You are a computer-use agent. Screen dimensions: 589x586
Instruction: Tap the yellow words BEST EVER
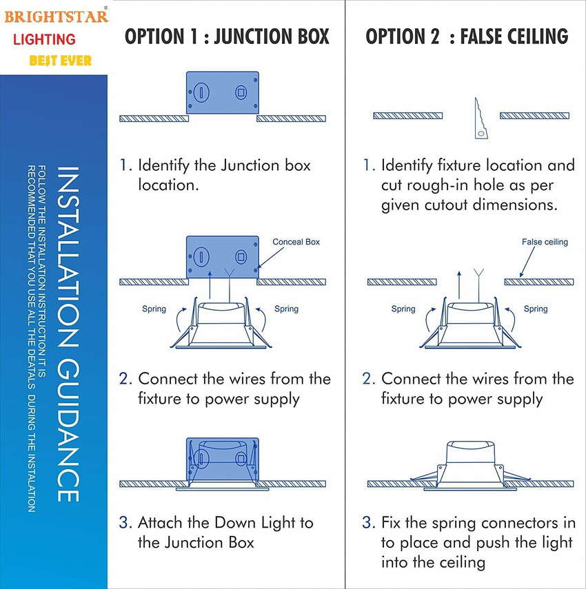pos(61,61)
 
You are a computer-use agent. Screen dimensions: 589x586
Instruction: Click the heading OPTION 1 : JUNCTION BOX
pos(227,37)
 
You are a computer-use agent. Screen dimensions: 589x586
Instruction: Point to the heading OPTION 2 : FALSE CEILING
pos(467,37)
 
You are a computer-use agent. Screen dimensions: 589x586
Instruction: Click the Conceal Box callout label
pos(296,242)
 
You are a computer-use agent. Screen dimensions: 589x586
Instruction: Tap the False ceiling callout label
pos(545,242)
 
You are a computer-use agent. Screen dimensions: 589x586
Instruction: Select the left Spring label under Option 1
pos(154,309)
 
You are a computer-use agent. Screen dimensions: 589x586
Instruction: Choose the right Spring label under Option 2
pos(535,309)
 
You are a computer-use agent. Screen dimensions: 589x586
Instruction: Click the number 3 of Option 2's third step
pos(367,521)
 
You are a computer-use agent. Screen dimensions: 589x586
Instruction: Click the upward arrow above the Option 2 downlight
pos(459,282)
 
